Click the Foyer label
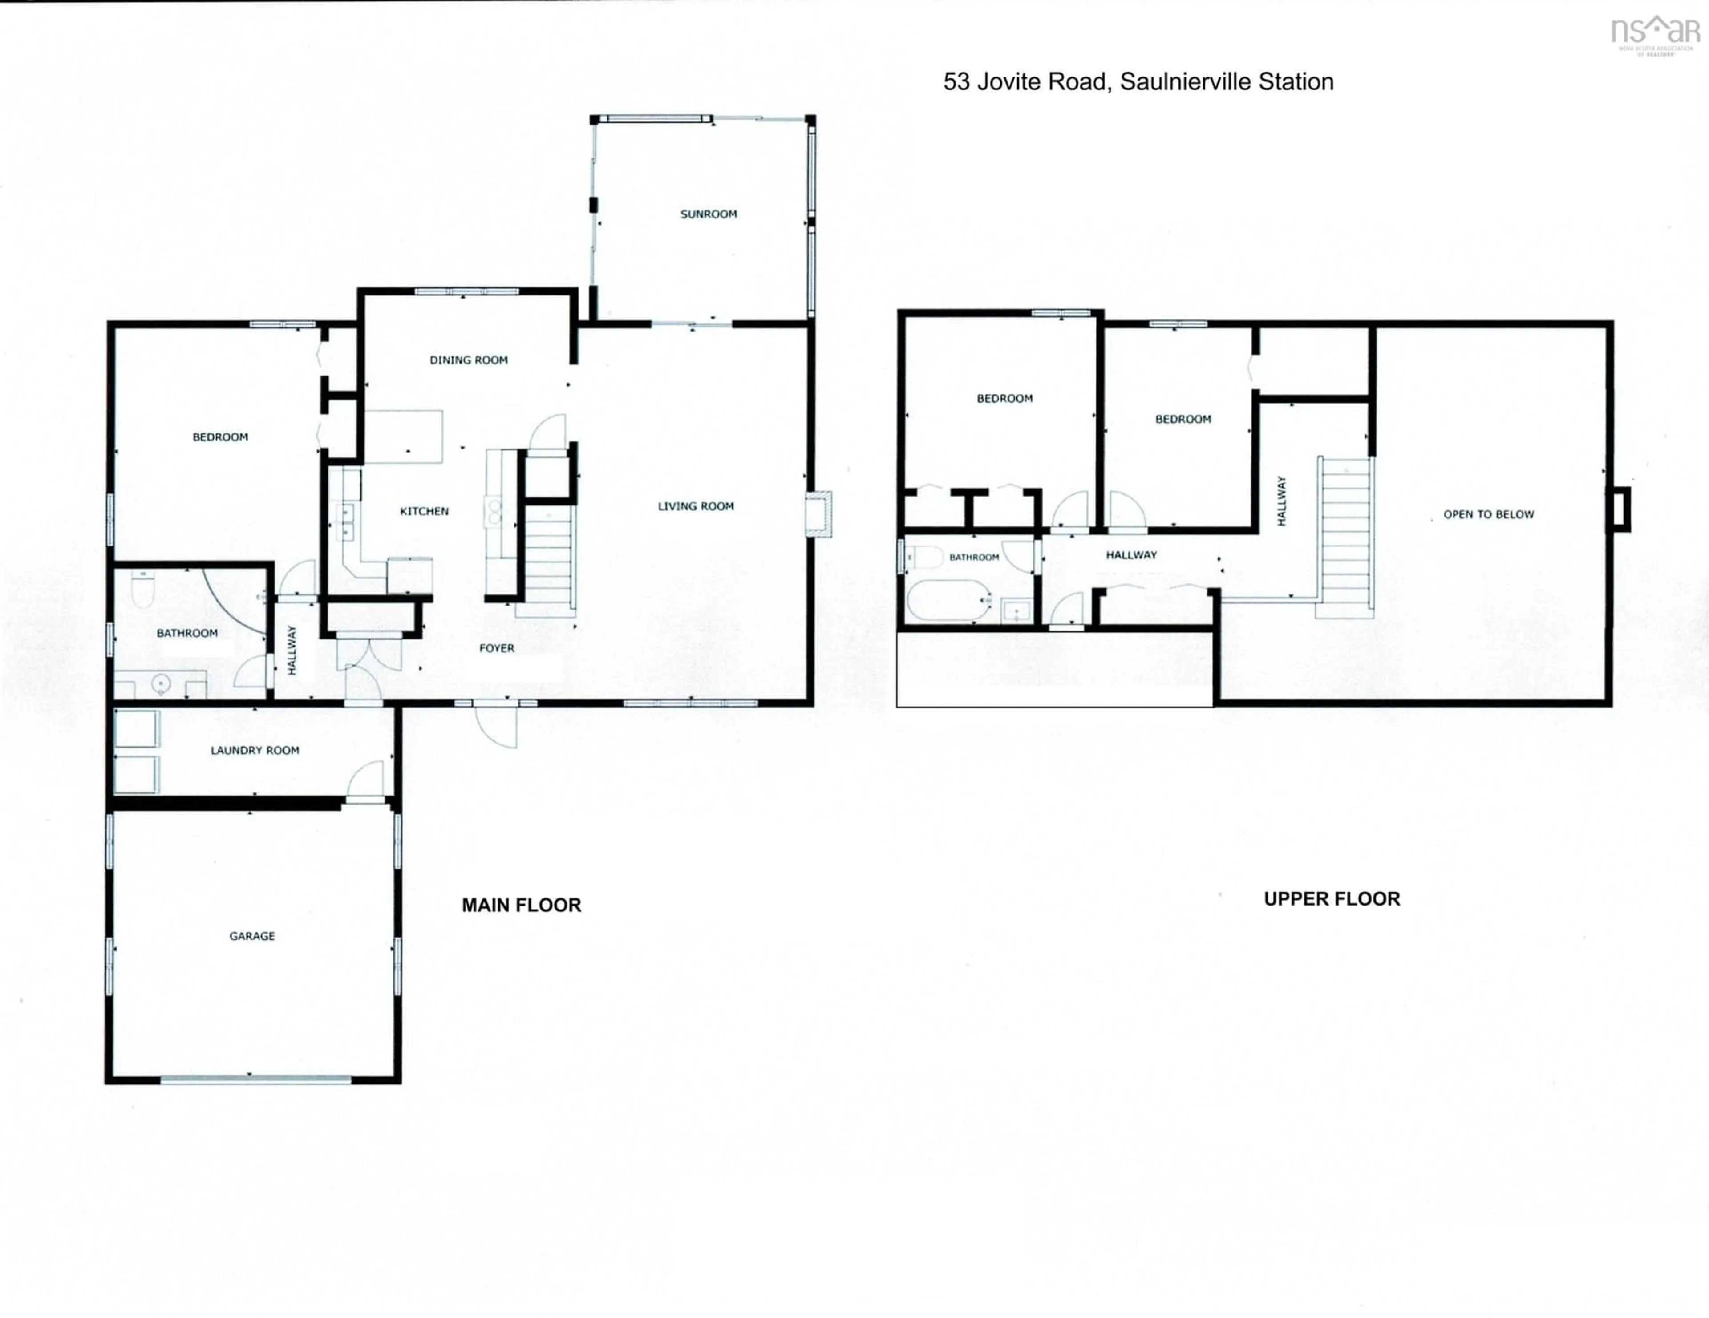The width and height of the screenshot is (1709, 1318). pyautogui.click(x=497, y=648)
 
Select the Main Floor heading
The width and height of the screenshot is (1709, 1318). pyautogui.click(x=521, y=905)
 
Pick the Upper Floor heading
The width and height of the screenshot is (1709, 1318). pyautogui.click(x=1332, y=899)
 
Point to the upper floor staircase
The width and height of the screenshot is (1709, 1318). pyautogui.click(x=1345, y=538)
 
